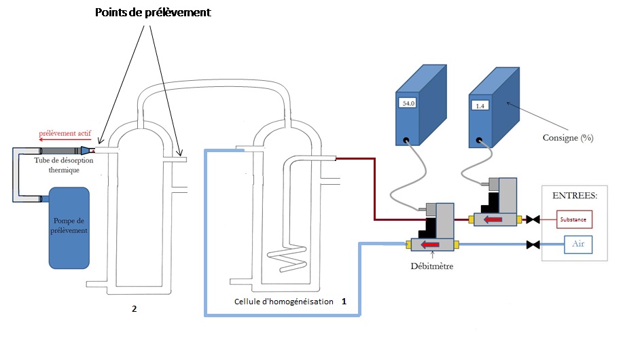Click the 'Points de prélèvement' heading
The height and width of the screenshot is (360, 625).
(x=153, y=12)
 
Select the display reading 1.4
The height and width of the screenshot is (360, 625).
(x=480, y=106)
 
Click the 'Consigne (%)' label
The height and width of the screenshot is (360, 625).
(x=567, y=138)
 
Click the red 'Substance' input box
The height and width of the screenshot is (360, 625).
(x=575, y=219)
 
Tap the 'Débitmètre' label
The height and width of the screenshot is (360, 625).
(x=432, y=266)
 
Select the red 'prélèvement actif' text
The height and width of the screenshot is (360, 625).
(x=67, y=134)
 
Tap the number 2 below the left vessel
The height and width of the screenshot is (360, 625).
(x=134, y=309)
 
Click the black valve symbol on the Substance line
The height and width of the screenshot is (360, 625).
(x=535, y=219)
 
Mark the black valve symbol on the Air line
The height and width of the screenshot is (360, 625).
(x=535, y=245)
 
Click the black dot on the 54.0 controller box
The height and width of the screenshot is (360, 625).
(x=406, y=142)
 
